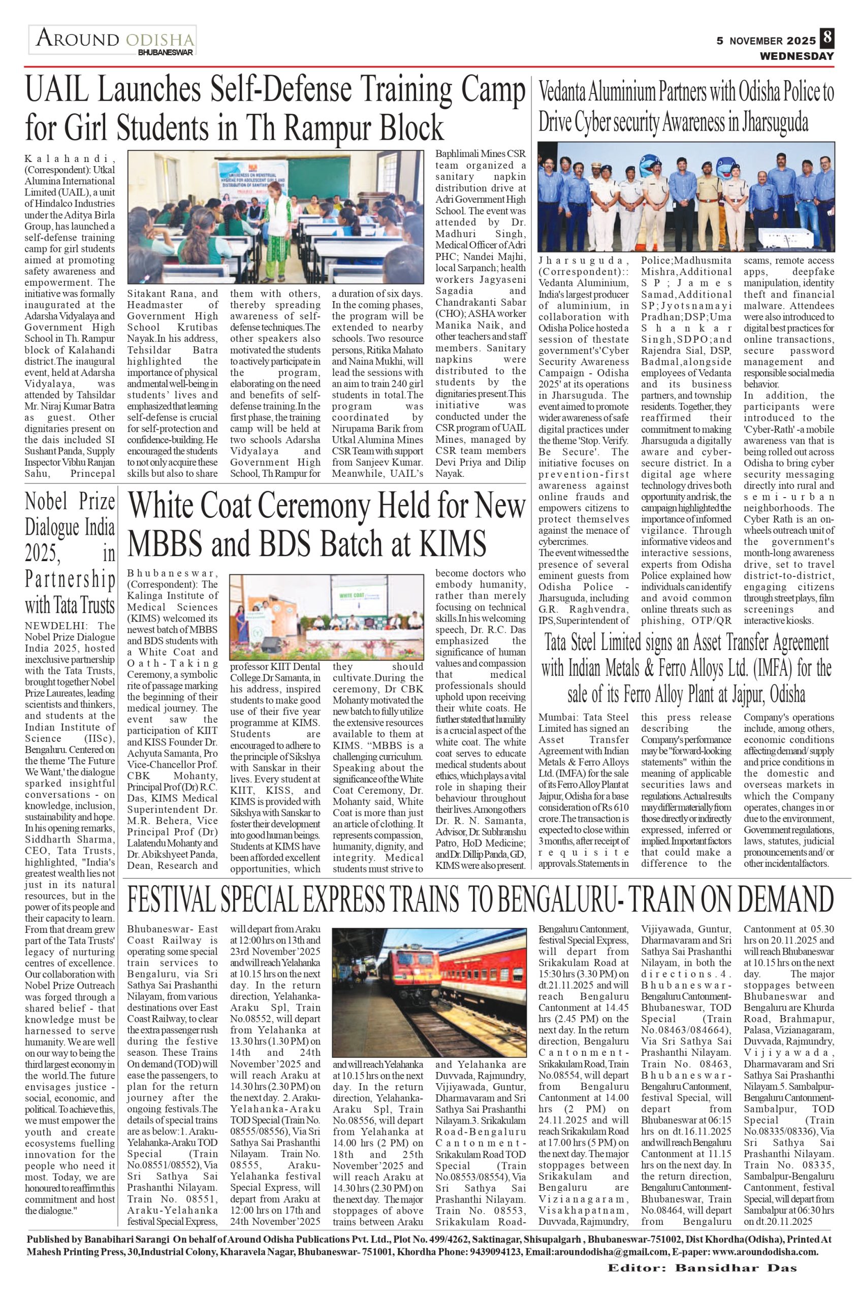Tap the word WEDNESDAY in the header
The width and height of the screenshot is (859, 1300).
[x=796, y=56]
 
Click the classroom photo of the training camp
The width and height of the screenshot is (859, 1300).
[x=275, y=217]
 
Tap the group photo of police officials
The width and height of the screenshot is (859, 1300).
[x=686, y=196]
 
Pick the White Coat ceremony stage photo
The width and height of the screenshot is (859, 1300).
[x=326, y=617]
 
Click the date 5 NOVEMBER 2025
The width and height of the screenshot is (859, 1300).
[x=767, y=41]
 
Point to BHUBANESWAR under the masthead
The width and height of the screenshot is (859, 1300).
[x=166, y=53]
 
